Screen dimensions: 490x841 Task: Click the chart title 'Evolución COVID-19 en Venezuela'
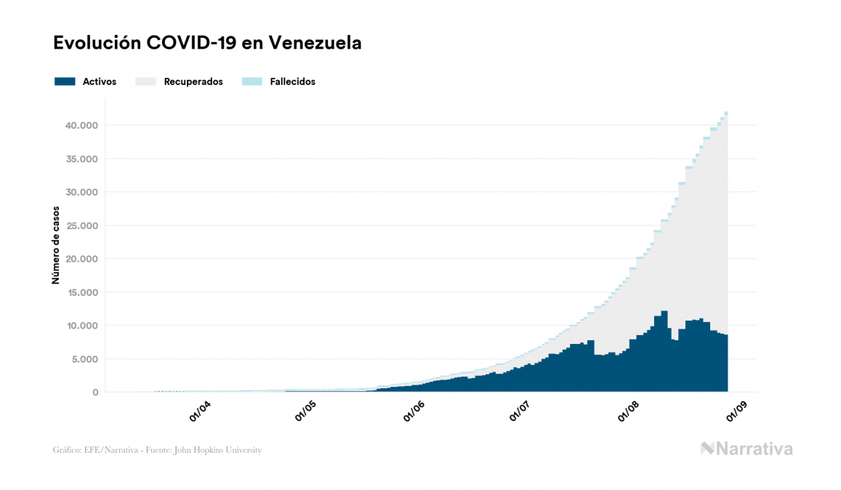207,43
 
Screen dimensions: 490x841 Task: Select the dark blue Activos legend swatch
65,81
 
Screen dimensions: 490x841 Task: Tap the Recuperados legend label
193,81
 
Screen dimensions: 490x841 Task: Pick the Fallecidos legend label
292,81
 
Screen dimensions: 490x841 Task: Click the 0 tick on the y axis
95,393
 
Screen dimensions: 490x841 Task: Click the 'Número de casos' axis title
56,244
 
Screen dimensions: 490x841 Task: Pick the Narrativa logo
747,449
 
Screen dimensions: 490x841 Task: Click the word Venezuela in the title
315,43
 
